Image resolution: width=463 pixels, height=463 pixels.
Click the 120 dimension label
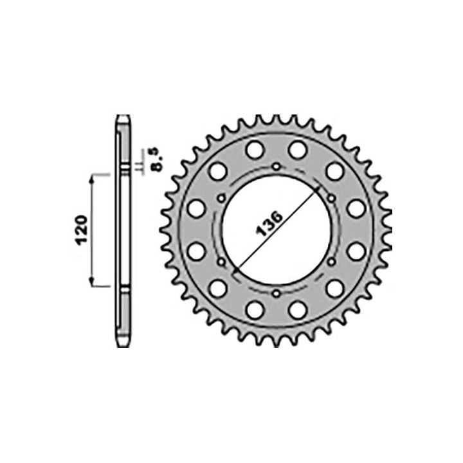(x=82, y=230)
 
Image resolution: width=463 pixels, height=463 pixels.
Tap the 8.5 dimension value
(x=157, y=159)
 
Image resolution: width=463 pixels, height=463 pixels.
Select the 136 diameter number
(x=269, y=223)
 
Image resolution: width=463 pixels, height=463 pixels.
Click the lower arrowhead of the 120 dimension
(x=92, y=282)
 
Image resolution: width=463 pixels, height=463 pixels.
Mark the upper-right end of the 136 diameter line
(x=318, y=188)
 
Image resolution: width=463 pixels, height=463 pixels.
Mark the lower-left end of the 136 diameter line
(x=235, y=271)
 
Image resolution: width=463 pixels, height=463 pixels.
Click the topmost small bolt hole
(x=277, y=167)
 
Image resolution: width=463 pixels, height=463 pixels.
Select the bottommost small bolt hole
(x=277, y=293)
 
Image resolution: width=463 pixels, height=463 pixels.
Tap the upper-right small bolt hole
(x=331, y=198)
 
